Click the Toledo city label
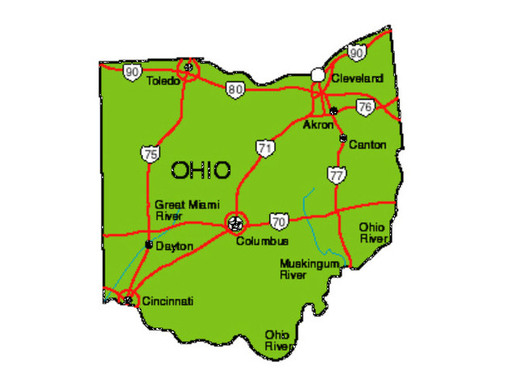click(x=164, y=81)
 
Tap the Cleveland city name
click(x=357, y=78)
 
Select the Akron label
click(x=318, y=125)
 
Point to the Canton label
click(x=368, y=144)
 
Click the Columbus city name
click(x=262, y=241)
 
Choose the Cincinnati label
click(x=168, y=301)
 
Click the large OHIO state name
click(x=201, y=170)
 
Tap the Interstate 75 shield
click(x=149, y=153)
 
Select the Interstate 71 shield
click(x=265, y=148)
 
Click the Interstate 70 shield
click(x=279, y=219)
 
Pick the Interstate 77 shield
click(x=336, y=173)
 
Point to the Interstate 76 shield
click(x=365, y=107)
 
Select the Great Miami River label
click(x=181, y=210)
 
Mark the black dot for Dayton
click(x=148, y=243)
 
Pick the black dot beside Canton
click(x=343, y=139)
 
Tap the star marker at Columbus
click(x=235, y=221)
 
